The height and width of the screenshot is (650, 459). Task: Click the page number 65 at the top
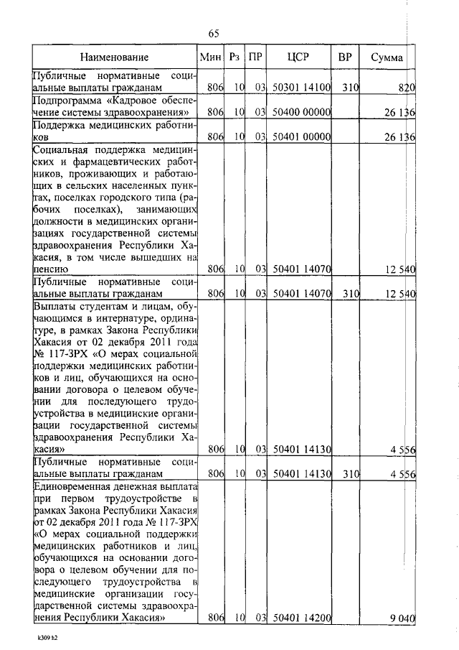213,33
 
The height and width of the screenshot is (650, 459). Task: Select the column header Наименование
115,57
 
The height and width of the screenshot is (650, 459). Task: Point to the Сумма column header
387,57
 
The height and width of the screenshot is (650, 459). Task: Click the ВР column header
344,57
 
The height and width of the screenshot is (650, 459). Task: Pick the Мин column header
210,57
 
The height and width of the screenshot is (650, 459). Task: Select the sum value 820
407,88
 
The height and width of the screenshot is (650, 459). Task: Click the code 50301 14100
301,88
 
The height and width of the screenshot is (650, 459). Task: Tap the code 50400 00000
301,113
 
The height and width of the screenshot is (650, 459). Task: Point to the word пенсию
52,269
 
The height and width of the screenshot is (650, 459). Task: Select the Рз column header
235,57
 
